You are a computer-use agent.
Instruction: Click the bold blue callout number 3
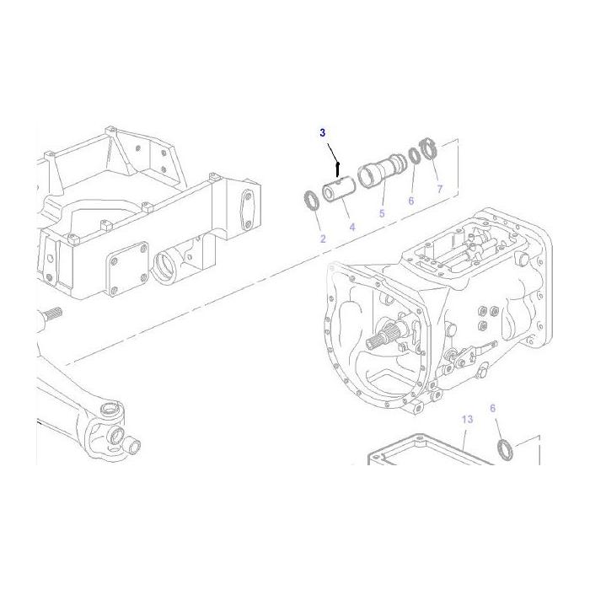click(321, 133)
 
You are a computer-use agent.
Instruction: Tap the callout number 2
click(322, 239)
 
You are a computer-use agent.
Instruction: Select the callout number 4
click(351, 228)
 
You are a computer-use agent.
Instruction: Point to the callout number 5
click(381, 214)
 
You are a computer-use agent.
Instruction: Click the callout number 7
click(438, 189)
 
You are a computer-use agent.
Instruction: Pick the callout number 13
click(467, 419)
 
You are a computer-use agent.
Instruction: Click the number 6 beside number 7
click(411, 201)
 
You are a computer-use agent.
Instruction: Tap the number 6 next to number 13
click(494, 408)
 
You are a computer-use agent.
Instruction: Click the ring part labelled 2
click(310, 200)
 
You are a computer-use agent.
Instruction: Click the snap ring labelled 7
click(430, 152)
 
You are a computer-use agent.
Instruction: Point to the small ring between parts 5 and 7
click(414, 156)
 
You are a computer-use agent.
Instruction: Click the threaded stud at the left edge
click(48, 318)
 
